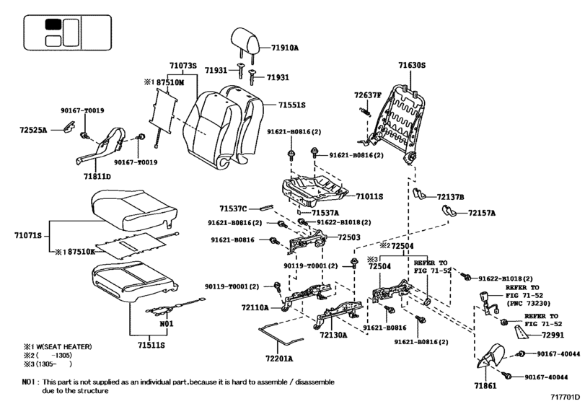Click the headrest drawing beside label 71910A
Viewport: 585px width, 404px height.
(x=245, y=40)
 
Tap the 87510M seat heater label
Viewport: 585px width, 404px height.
(x=171, y=83)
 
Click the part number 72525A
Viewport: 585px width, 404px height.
(x=33, y=130)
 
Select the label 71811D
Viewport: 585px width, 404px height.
(x=96, y=176)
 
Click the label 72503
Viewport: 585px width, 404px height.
(x=349, y=237)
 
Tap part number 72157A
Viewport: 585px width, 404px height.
(x=482, y=214)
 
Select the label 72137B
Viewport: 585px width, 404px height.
(x=451, y=196)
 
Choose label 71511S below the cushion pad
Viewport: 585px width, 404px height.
(x=151, y=346)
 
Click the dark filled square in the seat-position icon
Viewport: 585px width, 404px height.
(x=53, y=23)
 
